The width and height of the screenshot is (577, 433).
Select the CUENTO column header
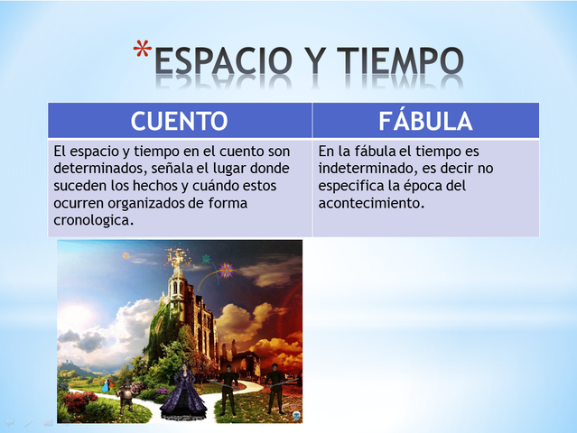179,121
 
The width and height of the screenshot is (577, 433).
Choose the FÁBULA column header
425,121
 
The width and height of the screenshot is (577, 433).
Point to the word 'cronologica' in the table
94,221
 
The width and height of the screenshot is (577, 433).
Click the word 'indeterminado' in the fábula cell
361,169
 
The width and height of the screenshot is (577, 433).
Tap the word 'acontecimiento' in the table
371,203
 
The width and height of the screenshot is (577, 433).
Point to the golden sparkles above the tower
176,254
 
